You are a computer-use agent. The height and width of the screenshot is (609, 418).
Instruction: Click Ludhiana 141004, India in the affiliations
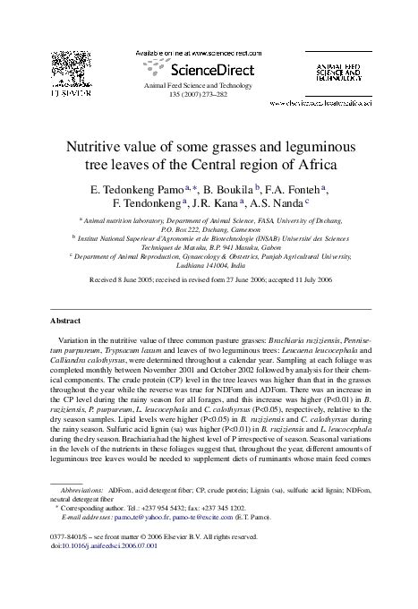[x=209, y=262]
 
